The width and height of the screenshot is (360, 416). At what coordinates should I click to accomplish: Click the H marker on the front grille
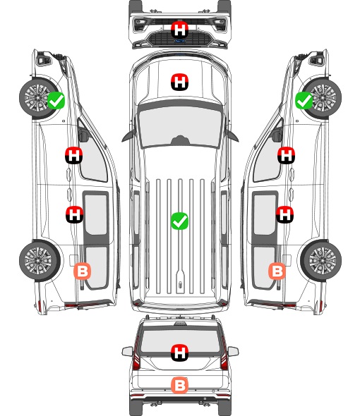point(179,30)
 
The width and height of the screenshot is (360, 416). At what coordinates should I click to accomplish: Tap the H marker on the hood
point(179,82)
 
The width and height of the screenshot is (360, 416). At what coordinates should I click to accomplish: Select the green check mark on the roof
point(179,221)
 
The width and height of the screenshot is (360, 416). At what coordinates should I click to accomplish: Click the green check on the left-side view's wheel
point(56,100)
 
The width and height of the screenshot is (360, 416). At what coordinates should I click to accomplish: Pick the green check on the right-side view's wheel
point(304,100)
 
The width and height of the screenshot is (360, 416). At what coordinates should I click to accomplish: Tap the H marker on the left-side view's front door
point(74,155)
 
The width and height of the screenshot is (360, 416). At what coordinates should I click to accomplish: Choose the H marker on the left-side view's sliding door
point(74,214)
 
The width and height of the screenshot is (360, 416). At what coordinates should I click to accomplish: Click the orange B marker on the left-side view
point(83,271)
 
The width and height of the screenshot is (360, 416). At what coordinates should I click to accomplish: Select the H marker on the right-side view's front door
point(286,155)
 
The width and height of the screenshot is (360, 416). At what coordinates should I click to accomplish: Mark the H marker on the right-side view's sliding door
point(284,214)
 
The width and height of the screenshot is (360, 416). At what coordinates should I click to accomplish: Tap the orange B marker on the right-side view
point(277,271)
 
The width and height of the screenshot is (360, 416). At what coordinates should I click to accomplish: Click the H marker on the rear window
point(179,353)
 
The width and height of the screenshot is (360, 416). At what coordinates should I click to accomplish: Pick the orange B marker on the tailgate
point(179,385)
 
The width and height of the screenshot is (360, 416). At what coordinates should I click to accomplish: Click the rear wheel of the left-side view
point(40,261)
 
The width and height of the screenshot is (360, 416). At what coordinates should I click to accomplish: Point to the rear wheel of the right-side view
point(321,261)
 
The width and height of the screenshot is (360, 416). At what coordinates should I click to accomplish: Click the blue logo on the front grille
point(179,41)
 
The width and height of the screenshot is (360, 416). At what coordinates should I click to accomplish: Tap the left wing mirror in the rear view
point(128,351)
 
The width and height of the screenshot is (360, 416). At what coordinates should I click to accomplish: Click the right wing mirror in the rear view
point(233,351)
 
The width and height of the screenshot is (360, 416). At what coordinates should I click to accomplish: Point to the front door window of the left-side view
point(92,157)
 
